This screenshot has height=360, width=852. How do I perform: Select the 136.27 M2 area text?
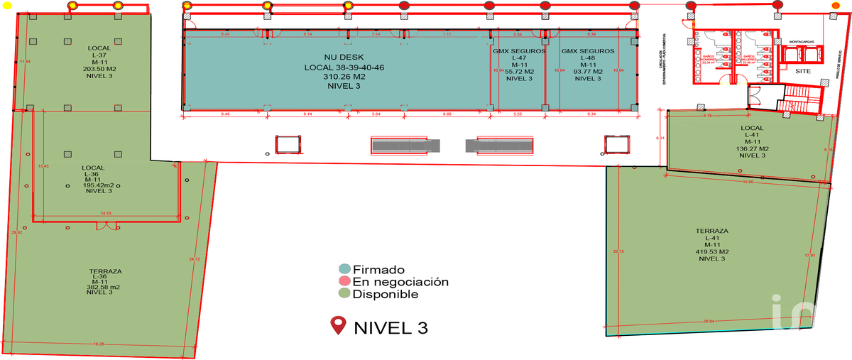point(751,148)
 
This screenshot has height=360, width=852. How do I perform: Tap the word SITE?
point(803,72)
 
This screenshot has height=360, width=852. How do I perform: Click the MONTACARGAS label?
point(803,42)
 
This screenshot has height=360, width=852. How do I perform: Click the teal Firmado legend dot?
point(344,270)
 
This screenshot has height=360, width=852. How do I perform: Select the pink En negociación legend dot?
point(344,282)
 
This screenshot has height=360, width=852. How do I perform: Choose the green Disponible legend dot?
point(344,294)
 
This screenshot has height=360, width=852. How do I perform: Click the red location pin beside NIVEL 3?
point(338,327)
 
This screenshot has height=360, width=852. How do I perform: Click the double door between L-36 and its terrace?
point(107,225)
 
